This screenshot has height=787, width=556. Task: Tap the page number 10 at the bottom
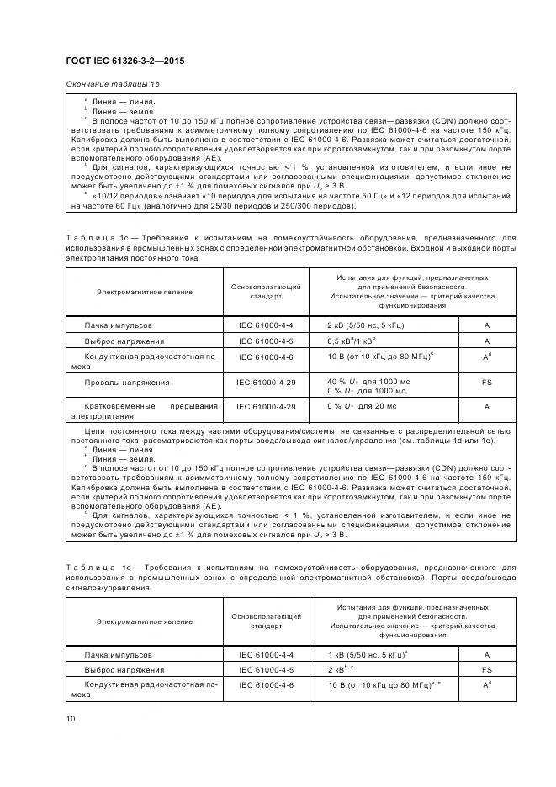click(71, 718)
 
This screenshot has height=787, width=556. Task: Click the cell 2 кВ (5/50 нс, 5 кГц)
click(369, 324)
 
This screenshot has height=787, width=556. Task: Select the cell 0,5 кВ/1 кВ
click(351, 341)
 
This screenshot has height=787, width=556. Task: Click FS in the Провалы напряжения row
click(486, 382)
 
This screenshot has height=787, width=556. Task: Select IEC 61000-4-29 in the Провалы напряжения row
click(267, 382)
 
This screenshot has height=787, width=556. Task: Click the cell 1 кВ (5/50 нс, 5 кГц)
click(370, 653)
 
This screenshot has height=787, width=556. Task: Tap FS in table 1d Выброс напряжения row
click(486, 670)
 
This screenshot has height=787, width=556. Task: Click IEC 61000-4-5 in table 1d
click(267, 670)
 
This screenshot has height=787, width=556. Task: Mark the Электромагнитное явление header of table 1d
click(144, 621)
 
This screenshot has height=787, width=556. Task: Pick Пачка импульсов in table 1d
click(118, 653)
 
